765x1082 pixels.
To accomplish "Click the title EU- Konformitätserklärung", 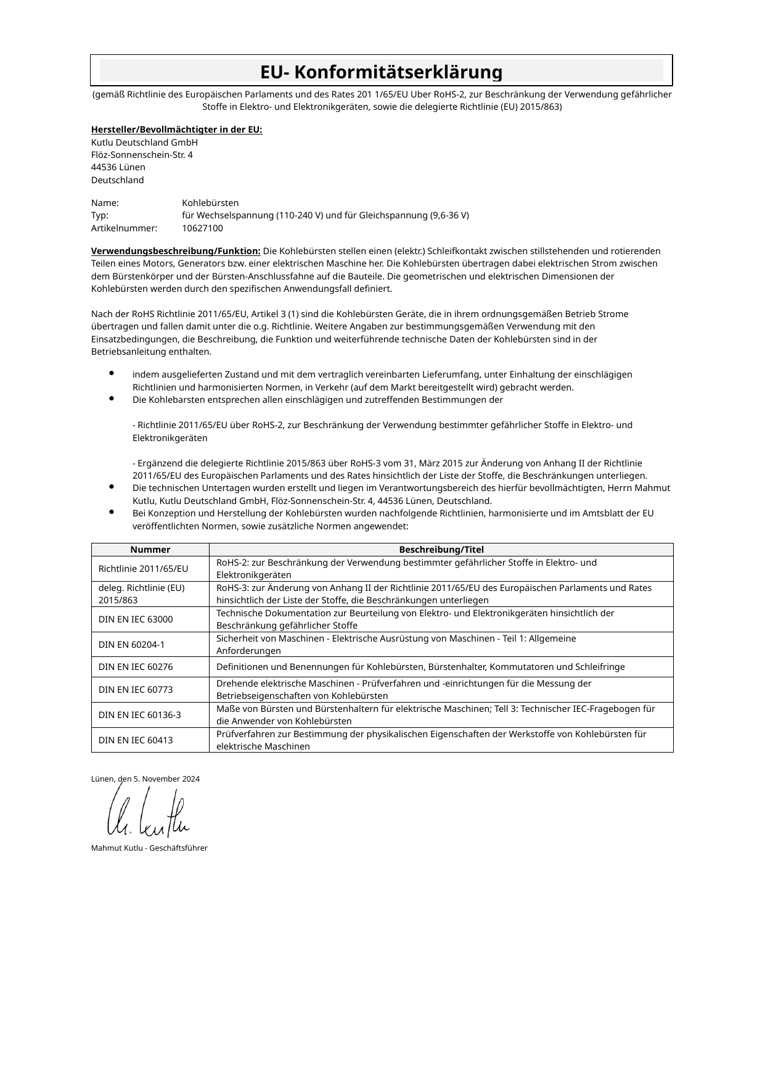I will pyautogui.click(x=381, y=72).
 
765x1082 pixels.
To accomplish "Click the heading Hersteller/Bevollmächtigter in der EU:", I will pyautogui.click(x=176, y=130).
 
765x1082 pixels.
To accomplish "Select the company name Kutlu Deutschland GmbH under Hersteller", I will pyautogui.click(x=144, y=142).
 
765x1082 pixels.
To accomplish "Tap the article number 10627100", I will pyautogui.click(x=202, y=228).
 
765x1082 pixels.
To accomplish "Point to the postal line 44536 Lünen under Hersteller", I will pyautogui.click(x=118, y=167).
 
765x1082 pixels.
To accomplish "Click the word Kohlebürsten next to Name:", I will pyautogui.click(x=210, y=203).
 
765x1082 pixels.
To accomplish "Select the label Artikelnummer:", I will pyautogui.click(x=124, y=228).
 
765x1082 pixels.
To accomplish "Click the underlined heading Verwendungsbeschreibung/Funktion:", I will pyautogui.click(x=176, y=251).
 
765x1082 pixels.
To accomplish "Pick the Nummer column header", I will pyautogui.click(x=150, y=550).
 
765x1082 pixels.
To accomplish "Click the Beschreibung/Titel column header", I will pyautogui.click(x=441, y=550).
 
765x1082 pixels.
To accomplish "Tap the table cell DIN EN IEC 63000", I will pyautogui.click(x=136, y=619).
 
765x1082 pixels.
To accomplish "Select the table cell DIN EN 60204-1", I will pyautogui.click(x=131, y=645).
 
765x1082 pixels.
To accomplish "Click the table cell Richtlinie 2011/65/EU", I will pyautogui.click(x=143, y=569).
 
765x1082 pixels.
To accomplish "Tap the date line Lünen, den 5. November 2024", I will pyautogui.click(x=145, y=779).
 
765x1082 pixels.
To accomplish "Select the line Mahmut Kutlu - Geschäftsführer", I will pyautogui.click(x=149, y=848).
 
